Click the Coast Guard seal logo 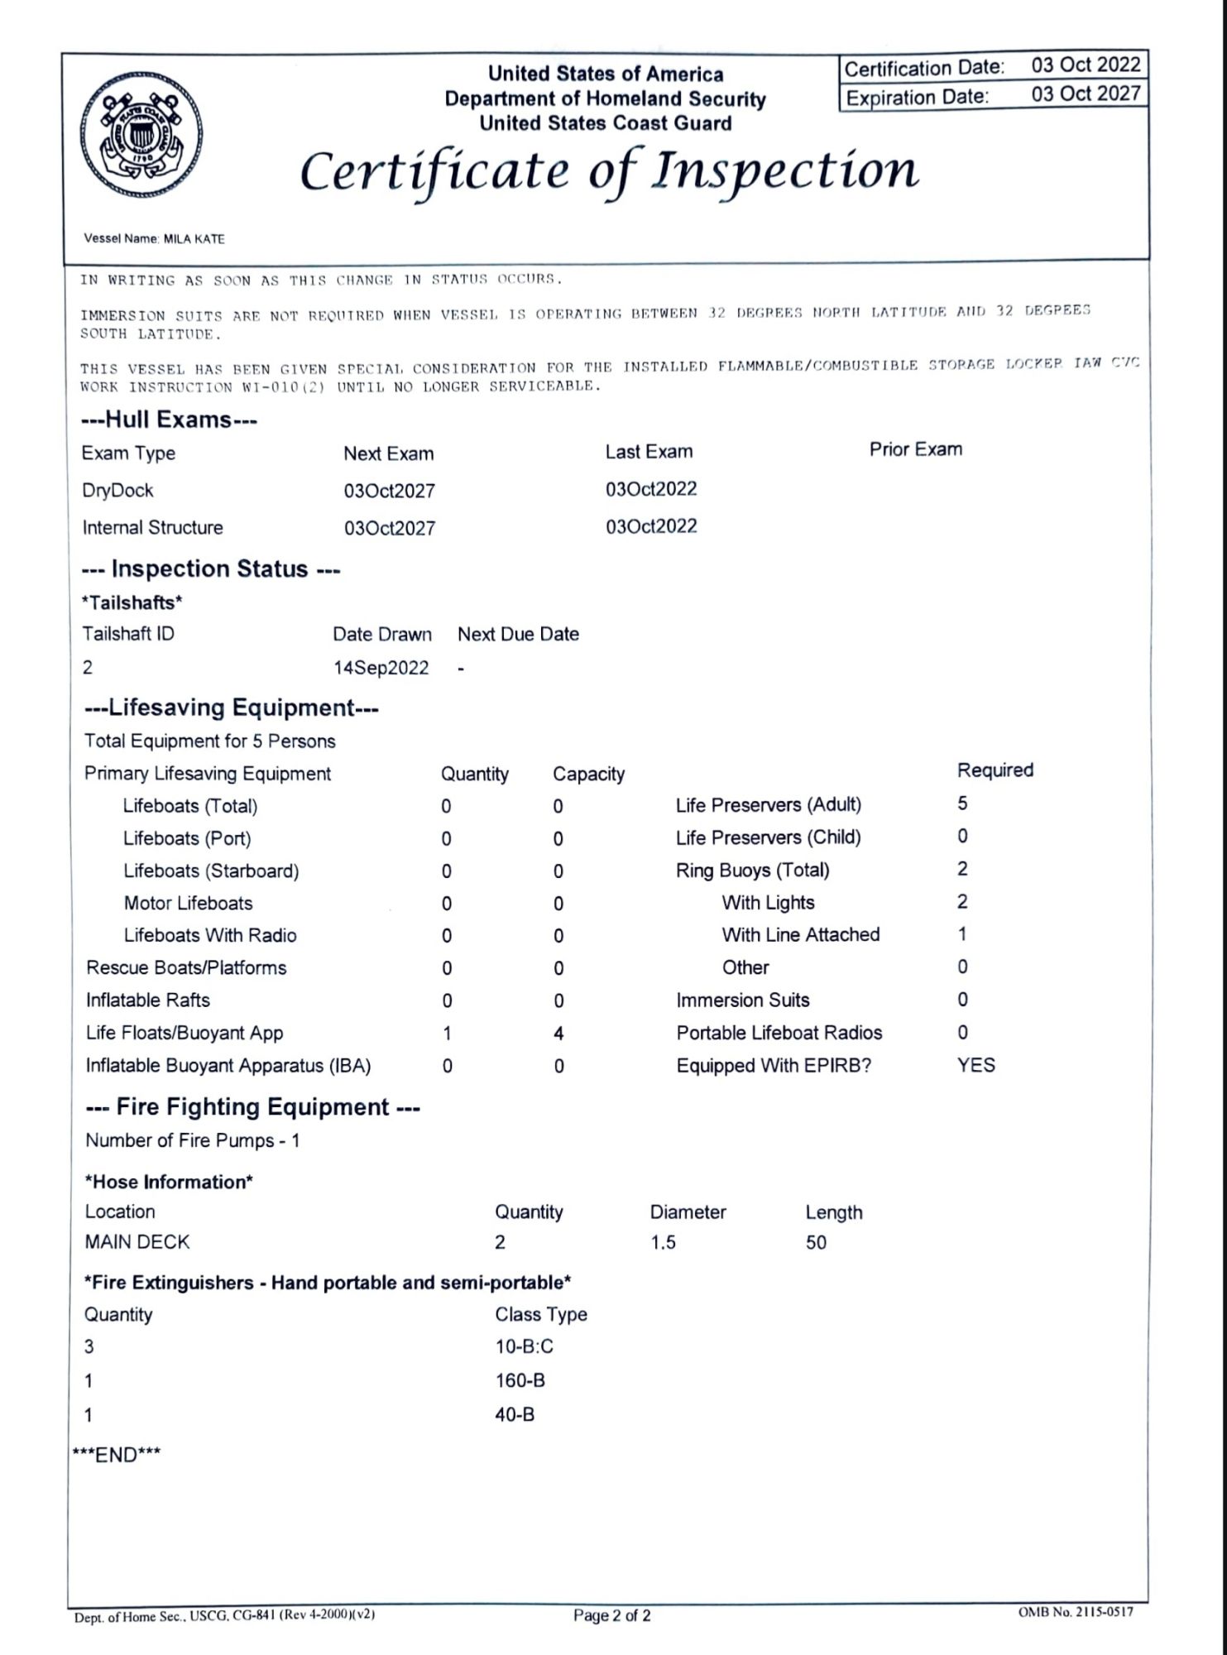141,136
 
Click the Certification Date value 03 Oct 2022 1085,65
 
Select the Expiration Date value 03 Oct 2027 1085,94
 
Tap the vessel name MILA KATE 194,239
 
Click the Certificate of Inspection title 609,170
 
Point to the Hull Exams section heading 169,420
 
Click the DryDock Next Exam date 389,491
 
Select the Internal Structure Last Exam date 651,526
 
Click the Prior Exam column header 915,449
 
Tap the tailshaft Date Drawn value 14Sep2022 381,668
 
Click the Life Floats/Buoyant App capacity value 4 558,1034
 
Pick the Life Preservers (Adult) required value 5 962,804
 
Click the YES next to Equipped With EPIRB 975,1065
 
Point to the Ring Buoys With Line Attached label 800,934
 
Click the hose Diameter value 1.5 663,1242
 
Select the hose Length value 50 816,1242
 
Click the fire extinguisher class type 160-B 520,1380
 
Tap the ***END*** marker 117,1455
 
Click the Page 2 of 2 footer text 611,1615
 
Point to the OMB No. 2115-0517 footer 1075,1612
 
